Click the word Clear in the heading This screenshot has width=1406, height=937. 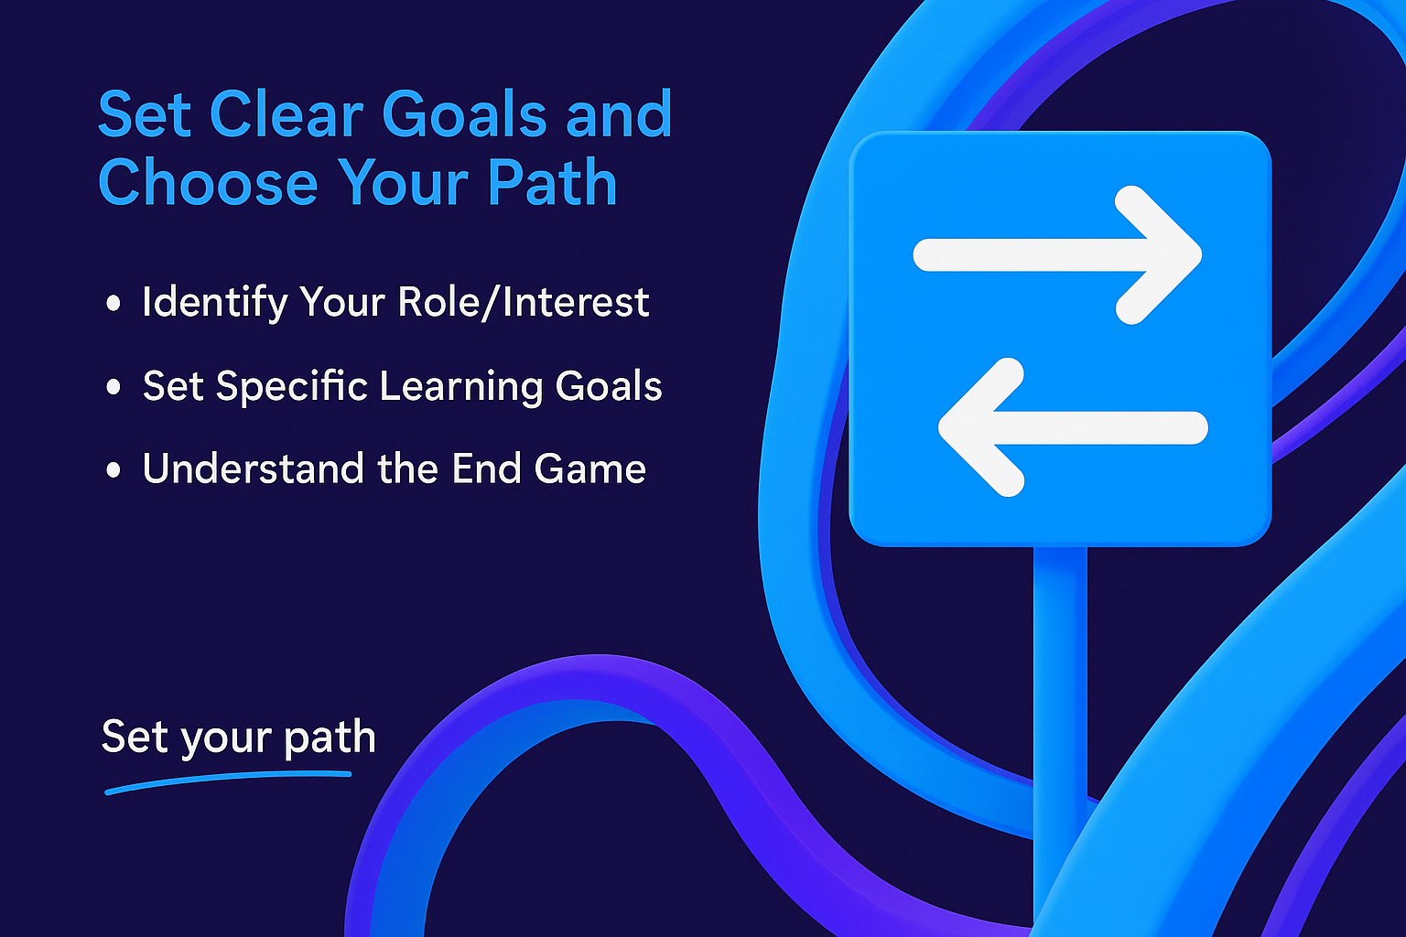(x=287, y=114)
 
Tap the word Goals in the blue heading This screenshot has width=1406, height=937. (x=464, y=114)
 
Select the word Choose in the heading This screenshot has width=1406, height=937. (x=208, y=183)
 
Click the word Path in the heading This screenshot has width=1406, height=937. (x=552, y=183)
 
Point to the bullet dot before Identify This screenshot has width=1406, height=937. (x=114, y=304)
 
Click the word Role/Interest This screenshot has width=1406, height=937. (x=524, y=303)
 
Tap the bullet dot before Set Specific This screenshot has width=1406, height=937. (x=114, y=386)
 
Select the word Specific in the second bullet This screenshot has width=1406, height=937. (x=291, y=386)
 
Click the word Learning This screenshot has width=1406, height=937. (x=461, y=386)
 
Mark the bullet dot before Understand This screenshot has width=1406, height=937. (x=114, y=469)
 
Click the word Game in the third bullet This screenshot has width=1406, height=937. (x=589, y=468)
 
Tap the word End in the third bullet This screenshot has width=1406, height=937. (x=486, y=468)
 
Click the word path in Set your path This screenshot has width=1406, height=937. (x=330, y=738)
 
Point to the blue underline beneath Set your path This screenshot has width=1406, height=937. (x=228, y=781)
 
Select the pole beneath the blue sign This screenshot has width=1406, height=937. (x=1060, y=740)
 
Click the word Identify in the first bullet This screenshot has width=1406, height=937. (x=215, y=304)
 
